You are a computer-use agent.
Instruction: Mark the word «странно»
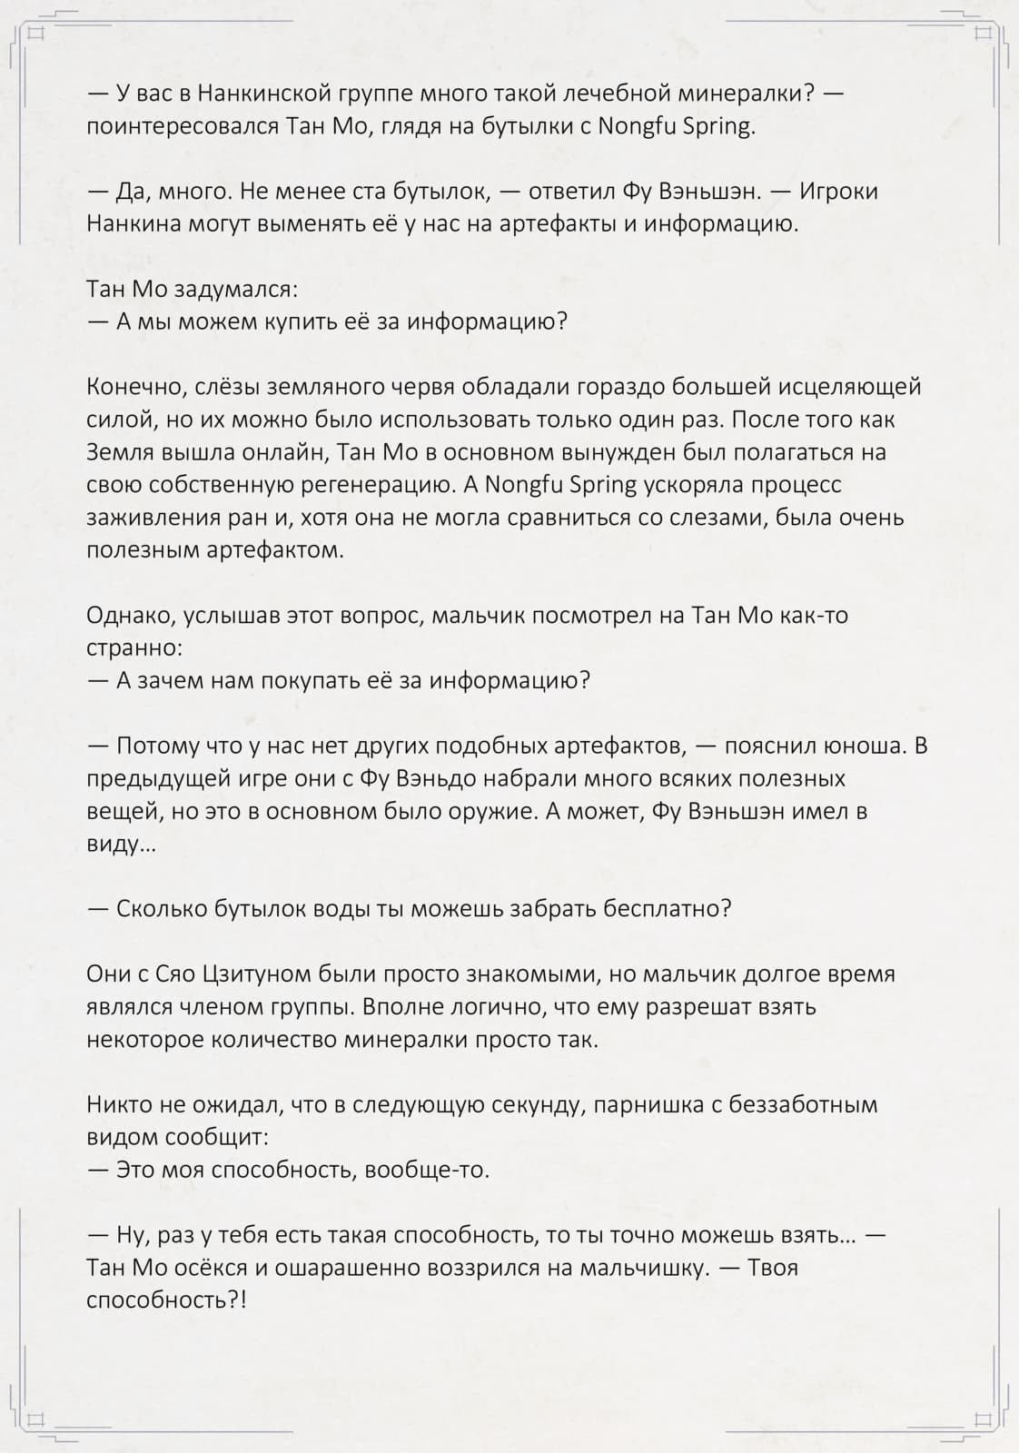click(132, 648)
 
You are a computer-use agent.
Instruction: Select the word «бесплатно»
click(667, 910)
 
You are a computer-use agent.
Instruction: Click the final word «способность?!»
click(166, 1301)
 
